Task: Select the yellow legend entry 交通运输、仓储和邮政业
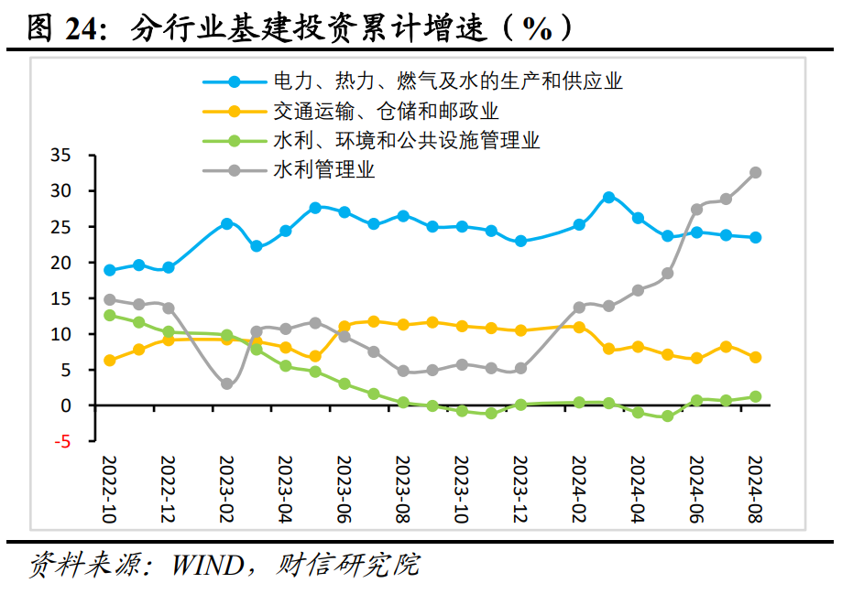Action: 385,112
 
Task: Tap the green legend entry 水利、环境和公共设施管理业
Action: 406,141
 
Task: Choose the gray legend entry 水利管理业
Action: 323,170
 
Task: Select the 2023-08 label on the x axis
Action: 401,489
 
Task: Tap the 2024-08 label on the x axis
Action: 756,489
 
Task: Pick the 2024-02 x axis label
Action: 579,489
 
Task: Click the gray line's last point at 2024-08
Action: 756,172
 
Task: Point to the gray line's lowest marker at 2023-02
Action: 226,384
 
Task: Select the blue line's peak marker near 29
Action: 608,197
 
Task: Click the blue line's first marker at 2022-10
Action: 110,270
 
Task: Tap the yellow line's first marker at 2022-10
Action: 110,361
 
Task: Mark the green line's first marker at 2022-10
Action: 110,315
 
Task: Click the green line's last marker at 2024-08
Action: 756,396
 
